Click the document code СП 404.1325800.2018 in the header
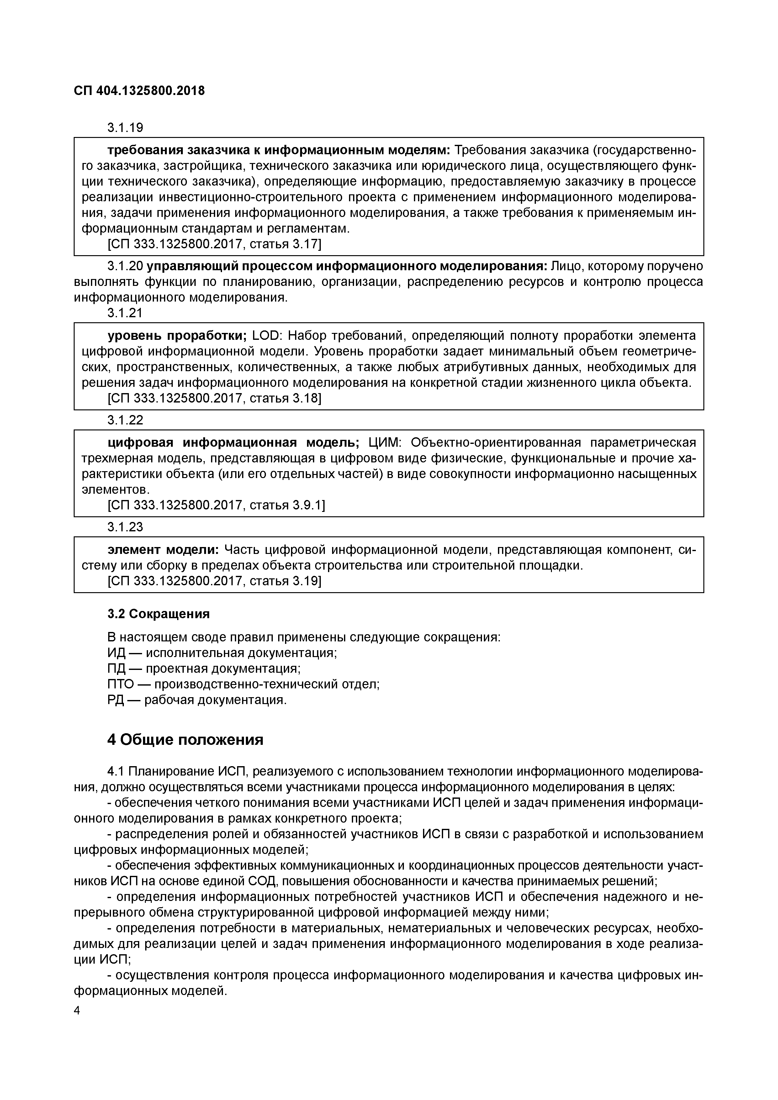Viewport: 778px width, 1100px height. coord(139,91)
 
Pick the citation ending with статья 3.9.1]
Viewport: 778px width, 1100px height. coord(216,505)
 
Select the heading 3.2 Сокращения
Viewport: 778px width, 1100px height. coord(158,614)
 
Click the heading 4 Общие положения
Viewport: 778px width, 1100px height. coord(185,740)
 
